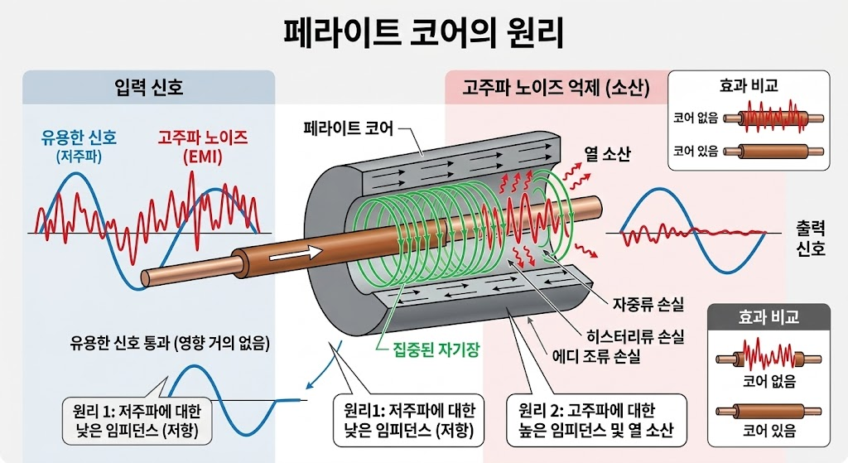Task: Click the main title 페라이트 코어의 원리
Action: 423,35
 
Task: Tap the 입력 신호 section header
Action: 149,86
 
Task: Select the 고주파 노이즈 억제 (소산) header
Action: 557,86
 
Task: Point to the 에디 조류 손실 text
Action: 595,359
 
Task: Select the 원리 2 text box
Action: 595,418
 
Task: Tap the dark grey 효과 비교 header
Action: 767,317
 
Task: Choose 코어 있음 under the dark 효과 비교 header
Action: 768,430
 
